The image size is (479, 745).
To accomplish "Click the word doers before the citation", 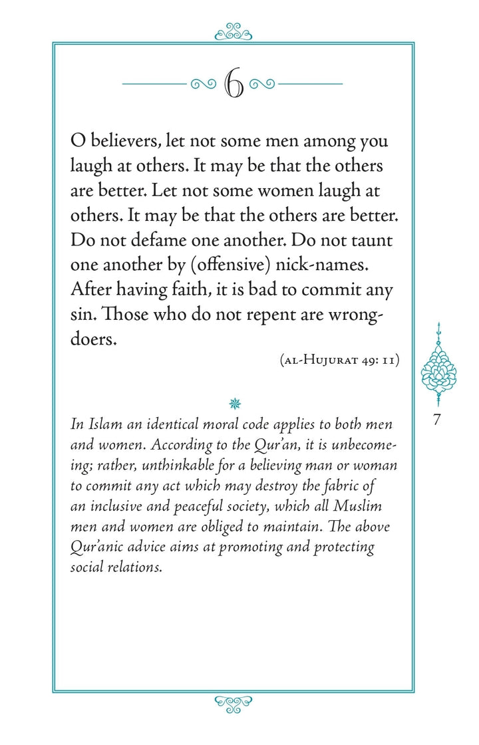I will point(93,339).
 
